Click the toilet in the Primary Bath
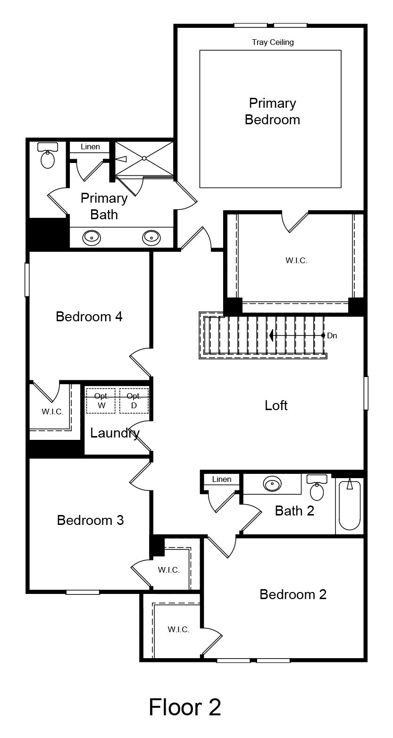click(x=48, y=155)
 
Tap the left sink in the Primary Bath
click(x=92, y=237)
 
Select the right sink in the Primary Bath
click(x=151, y=237)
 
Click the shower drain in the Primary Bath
click(x=144, y=158)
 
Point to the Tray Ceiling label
click(x=273, y=42)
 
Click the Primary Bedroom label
click(x=272, y=112)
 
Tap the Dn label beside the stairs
click(x=332, y=336)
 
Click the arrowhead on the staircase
click(x=272, y=336)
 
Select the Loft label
click(x=276, y=405)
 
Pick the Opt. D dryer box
click(x=134, y=401)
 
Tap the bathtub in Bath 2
click(x=350, y=505)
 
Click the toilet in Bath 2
click(x=317, y=488)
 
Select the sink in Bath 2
click(x=272, y=484)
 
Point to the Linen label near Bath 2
click(x=221, y=480)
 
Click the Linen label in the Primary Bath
click(x=90, y=146)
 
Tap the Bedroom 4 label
click(x=89, y=317)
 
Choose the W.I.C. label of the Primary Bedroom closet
click(x=296, y=261)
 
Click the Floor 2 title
click(x=185, y=707)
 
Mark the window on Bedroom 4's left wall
click(x=27, y=280)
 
